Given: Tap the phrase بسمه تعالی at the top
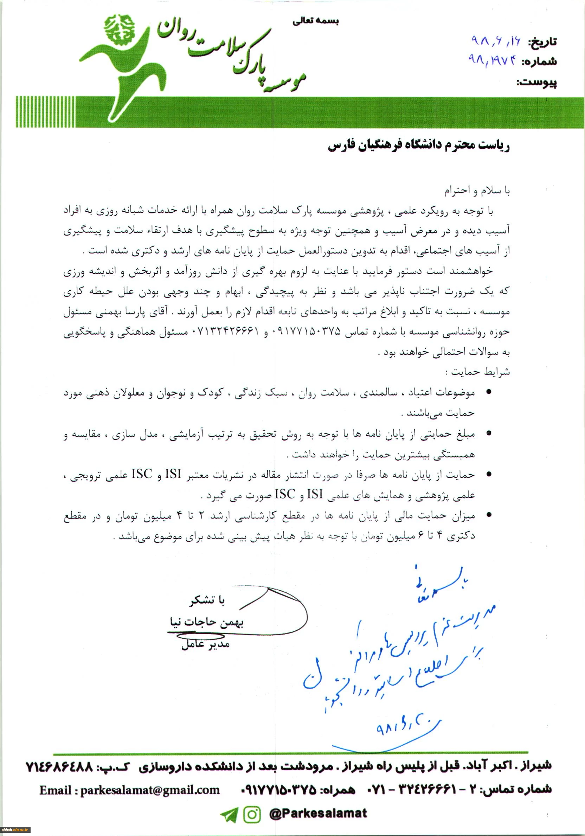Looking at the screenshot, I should (x=316, y=21).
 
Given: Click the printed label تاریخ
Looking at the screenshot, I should (x=542, y=42).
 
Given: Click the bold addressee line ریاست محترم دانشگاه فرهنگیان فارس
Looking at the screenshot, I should (x=419, y=146).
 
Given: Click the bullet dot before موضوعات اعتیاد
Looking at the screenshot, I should (x=489, y=392).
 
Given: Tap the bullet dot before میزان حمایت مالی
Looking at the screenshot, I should (x=489, y=515).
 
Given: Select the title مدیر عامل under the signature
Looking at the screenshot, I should (x=206, y=644).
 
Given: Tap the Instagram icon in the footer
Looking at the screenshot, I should (x=252, y=815).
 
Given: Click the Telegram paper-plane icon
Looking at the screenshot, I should (x=229, y=815).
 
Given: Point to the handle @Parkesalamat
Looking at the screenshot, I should (x=318, y=814).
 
